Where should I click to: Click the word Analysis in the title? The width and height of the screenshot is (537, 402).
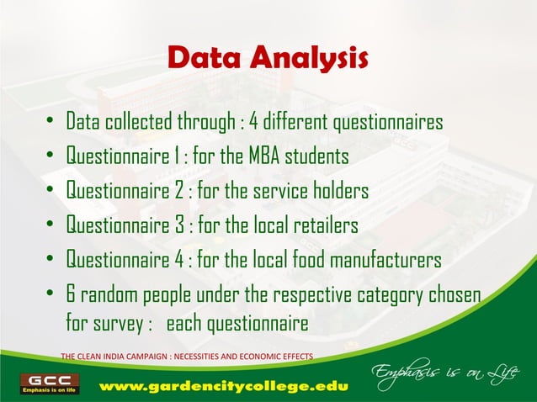point(311,60)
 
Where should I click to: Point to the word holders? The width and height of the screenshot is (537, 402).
point(337,192)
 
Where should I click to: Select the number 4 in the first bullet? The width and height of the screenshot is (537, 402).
point(253,123)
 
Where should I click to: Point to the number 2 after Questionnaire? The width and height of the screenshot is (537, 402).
point(178,192)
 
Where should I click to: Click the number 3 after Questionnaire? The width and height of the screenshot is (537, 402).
point(178,225)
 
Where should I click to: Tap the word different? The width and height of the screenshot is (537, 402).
point(298,123)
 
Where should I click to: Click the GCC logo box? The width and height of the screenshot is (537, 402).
point(52,383)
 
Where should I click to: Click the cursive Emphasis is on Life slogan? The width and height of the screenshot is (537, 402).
point(439,373)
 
